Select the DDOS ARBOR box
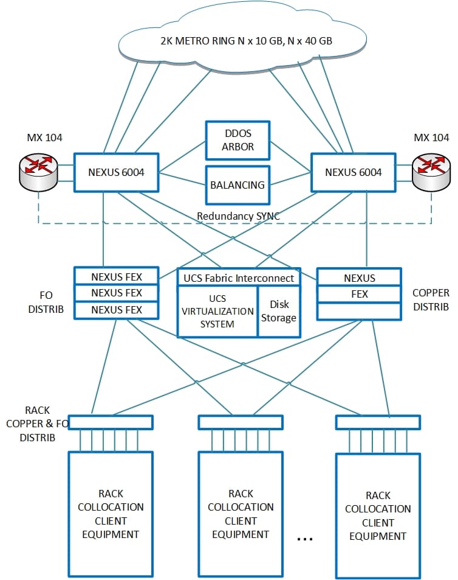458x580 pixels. (238, 140)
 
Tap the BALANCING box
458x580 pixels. (238, 184)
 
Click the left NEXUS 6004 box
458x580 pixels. (116, 172)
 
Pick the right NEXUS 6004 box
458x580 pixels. (353, 172)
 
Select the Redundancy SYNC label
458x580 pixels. (238, 216)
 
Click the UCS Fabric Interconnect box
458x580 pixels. (238, 278)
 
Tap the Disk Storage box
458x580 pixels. (279, 311)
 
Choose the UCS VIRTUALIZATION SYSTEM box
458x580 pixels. (217, 311)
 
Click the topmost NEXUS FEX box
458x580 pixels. (116, 276)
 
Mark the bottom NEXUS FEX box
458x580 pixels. (116, 310)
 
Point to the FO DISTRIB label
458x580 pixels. (41, 302)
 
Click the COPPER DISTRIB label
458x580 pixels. (431, 300)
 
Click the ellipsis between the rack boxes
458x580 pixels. (306, 539)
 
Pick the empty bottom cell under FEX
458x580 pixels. (359, 311)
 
